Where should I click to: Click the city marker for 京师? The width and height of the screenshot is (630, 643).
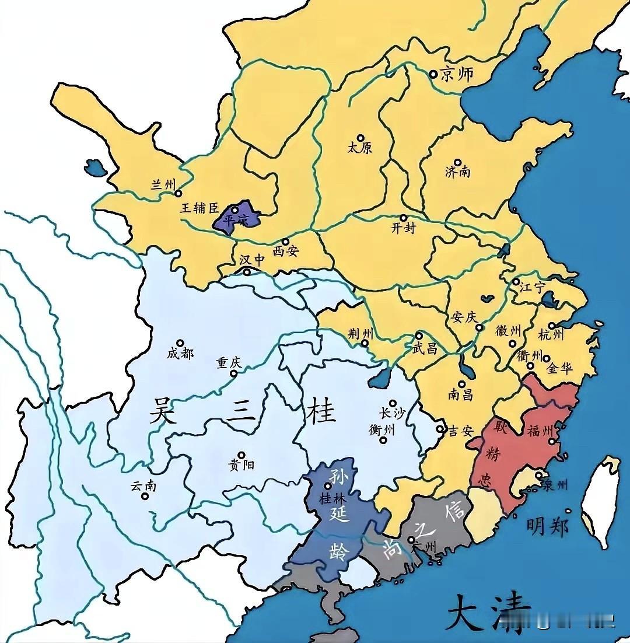pyautogui.click(x=433, y=74)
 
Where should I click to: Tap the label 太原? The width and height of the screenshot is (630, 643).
pyautogui.click(x=359, y=148)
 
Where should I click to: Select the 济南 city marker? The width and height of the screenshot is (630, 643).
pyautogui.click(x=458, y=163)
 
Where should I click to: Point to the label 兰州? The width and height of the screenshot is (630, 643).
pyautogui.click(x=163, y=184)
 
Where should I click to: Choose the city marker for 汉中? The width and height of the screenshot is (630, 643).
pyautogui.click(x=247, y=272)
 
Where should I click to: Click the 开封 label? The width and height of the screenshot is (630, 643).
pyautogui.click(x=403, y=228)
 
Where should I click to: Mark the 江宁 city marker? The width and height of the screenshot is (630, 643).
pyautogui.click(x=516, y=281)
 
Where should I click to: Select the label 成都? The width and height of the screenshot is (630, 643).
pyautogui.click(x=180, y=354)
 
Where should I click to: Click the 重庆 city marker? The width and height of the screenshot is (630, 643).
pyautogui.click(x=234, y=373)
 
